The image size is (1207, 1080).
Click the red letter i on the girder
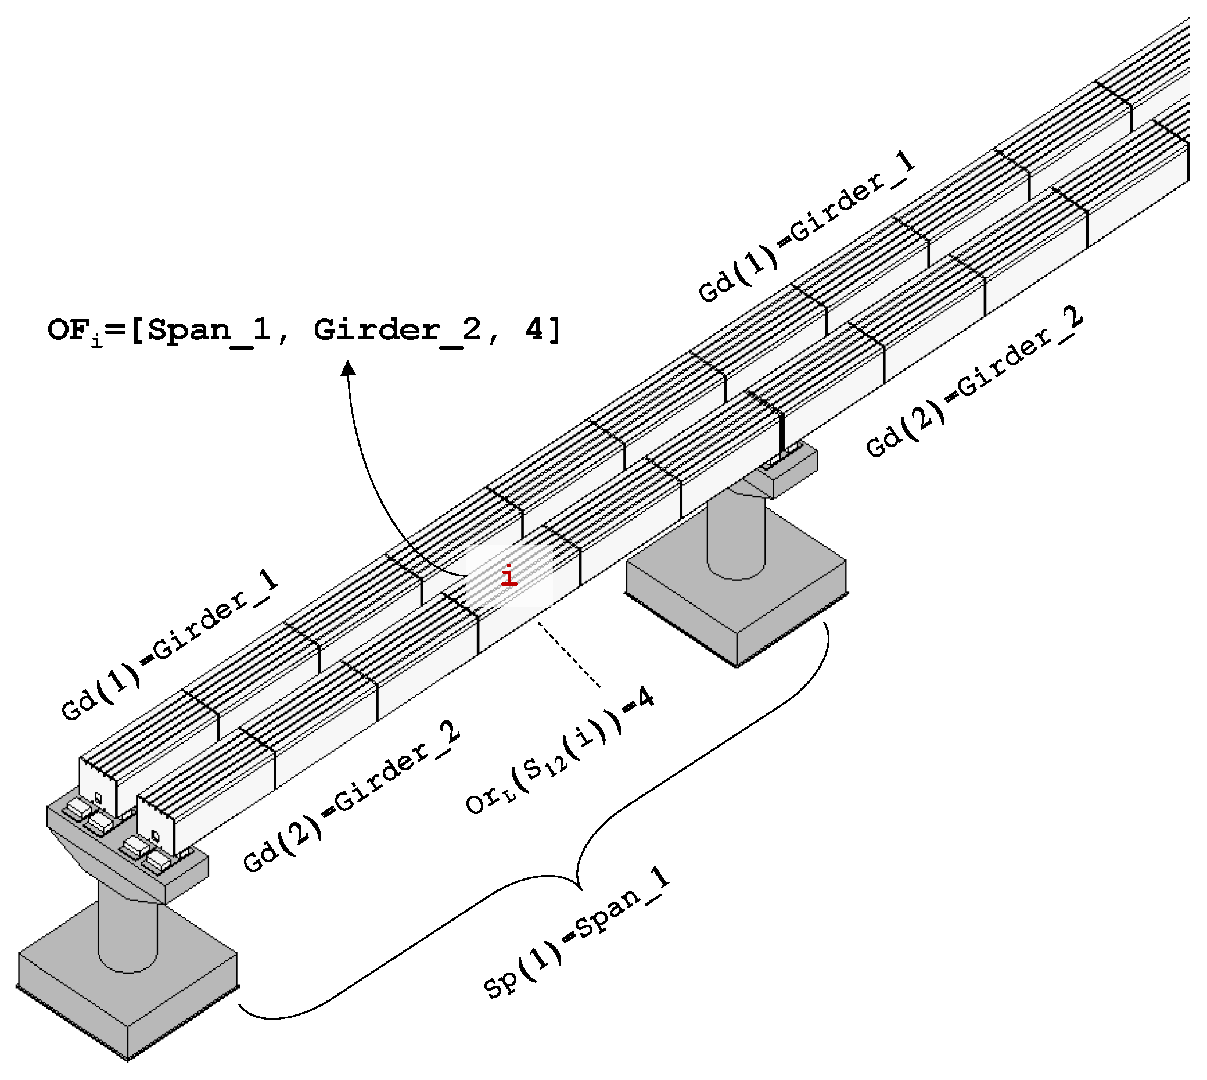(509, 577)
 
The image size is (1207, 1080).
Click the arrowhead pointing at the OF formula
(349, 369)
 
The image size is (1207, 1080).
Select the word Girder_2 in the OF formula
(397, 330)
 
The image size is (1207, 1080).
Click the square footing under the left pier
(128, 988)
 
